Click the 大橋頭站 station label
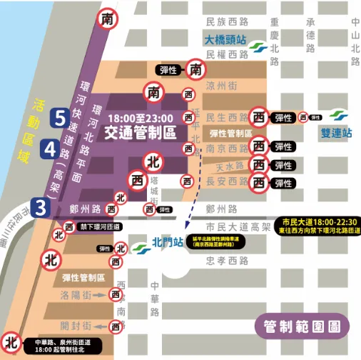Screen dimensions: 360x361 click(x=225, y=41)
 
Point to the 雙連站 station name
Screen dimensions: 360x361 click(x=337, y=133)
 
